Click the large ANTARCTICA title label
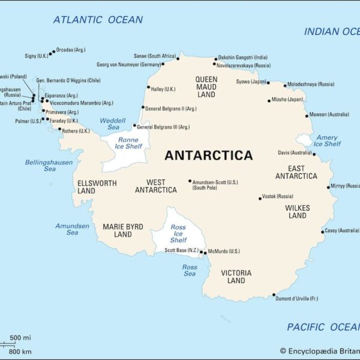click(x=208, y=155)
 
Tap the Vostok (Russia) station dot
click(x=260, y=198)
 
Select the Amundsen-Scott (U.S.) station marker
click(x=190, y=181)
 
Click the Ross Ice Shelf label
click(x=178, y=233)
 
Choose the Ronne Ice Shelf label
click(x=127, y=143)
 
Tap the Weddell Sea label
click(x=113, y=124)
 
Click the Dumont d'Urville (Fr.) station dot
click(x=274, y=295)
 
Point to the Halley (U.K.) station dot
click(x=148, y=87)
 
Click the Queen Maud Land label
click(x=206, y=86)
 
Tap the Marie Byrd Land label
click(x=122, y=230)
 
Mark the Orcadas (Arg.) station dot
click(x=53, y=52)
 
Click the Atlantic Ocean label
click(x=98, y=20)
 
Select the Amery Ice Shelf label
click(x=327, y=140)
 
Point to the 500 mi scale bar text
click(x=20, y=337)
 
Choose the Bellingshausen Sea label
click(x=49, y=166)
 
